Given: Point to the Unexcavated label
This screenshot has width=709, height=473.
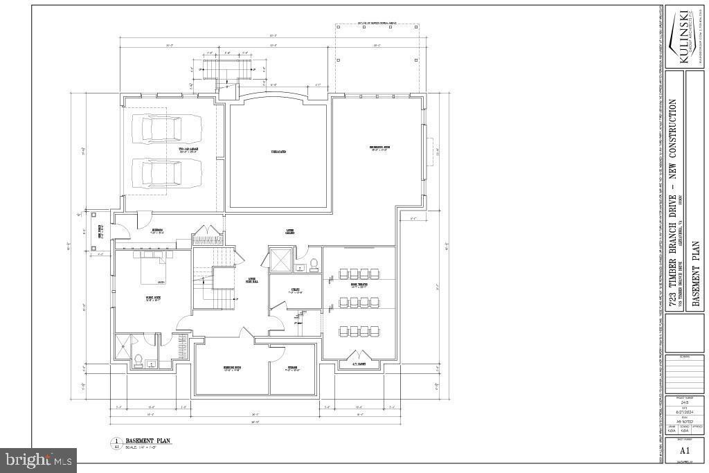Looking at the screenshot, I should (278, 152).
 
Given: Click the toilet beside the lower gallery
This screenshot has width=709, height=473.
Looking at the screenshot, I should (313, 265).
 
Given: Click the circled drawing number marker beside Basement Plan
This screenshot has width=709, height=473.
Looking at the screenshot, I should (118, 443).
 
